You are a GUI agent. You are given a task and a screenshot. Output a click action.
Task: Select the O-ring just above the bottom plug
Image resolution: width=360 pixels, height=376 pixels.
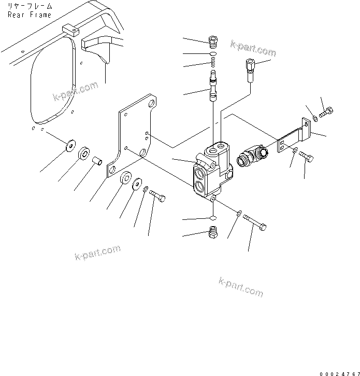[212, 218]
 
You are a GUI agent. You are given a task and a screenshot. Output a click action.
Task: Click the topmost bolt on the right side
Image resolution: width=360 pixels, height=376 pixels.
[327, 112]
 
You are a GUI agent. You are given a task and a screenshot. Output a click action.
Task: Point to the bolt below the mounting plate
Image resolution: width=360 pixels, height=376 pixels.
[158, 196]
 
